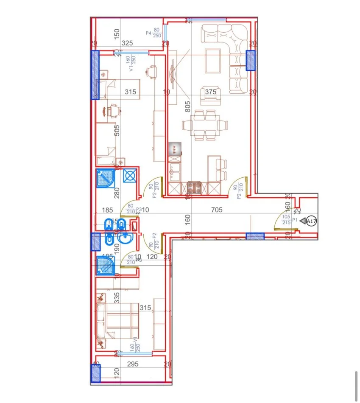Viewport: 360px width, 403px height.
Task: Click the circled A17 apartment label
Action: (x=311, y=221)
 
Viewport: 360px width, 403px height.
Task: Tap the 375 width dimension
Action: (x=210, y=92)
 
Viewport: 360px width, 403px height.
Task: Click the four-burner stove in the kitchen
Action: (x=194, y=187)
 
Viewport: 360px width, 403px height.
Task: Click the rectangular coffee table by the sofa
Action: (x=213, y=61)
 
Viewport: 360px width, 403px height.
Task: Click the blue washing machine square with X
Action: (x=129, y=176)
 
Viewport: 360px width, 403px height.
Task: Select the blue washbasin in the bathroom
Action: (x=125, y=239)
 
